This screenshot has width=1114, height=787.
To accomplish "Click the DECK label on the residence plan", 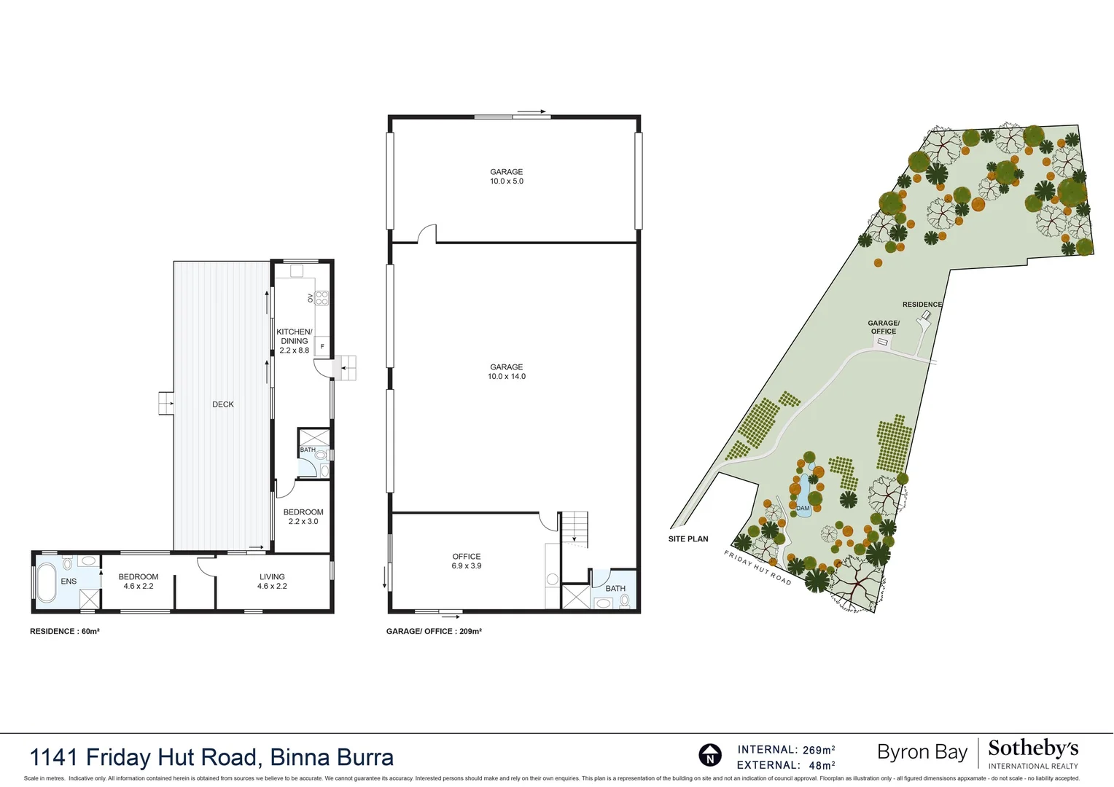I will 223,404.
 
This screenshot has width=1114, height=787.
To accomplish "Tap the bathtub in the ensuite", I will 47,582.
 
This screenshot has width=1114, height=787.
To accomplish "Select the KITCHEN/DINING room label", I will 295,341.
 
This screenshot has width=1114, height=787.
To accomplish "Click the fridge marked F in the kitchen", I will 322,346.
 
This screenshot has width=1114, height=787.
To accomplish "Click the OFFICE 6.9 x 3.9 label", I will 467,561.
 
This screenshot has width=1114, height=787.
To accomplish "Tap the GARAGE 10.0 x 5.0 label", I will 507,176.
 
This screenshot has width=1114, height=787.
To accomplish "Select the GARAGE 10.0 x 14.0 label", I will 507,372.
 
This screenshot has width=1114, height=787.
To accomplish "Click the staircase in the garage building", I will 574,526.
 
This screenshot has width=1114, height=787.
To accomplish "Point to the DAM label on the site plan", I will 803,508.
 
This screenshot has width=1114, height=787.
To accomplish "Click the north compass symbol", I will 710,755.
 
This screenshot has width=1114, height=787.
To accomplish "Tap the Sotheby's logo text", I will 1033,749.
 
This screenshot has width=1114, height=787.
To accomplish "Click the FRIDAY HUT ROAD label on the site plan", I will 757,568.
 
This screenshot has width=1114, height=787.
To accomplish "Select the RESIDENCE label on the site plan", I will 922,305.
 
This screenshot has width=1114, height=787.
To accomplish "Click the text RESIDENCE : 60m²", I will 65,631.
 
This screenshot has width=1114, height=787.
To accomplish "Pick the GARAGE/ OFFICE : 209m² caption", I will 434,631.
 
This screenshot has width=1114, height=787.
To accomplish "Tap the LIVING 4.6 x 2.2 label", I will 272,581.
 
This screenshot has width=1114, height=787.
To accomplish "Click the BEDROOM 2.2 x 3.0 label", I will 303,517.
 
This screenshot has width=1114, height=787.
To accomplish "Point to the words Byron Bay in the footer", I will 922,752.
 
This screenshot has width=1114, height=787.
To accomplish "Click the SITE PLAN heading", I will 688,539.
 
